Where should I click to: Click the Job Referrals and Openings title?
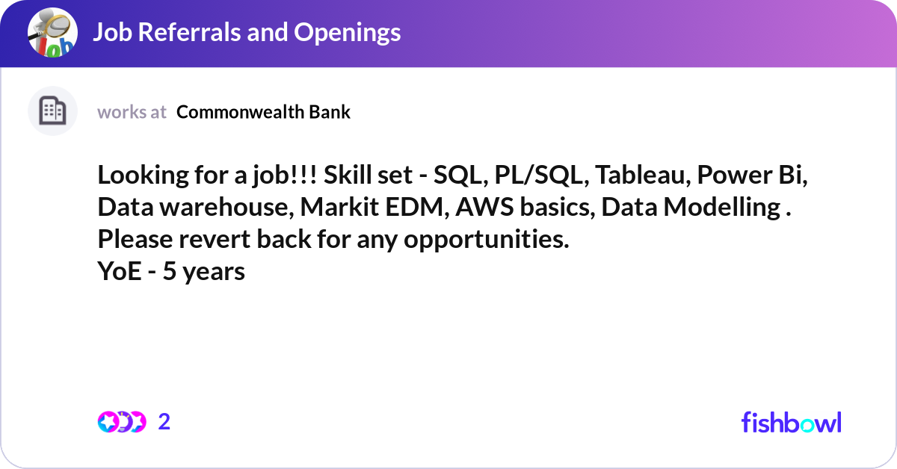[x=246, y=32]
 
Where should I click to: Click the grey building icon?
[x=52, y=111]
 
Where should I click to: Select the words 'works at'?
[x=132, y=112]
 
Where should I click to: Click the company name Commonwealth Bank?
[x=263, y=112]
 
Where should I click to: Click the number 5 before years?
[x=169, y=272]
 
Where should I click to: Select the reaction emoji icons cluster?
[x=121, y=422]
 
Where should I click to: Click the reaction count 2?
[x=164, y=422]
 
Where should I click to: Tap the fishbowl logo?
[x=791, y=422]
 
